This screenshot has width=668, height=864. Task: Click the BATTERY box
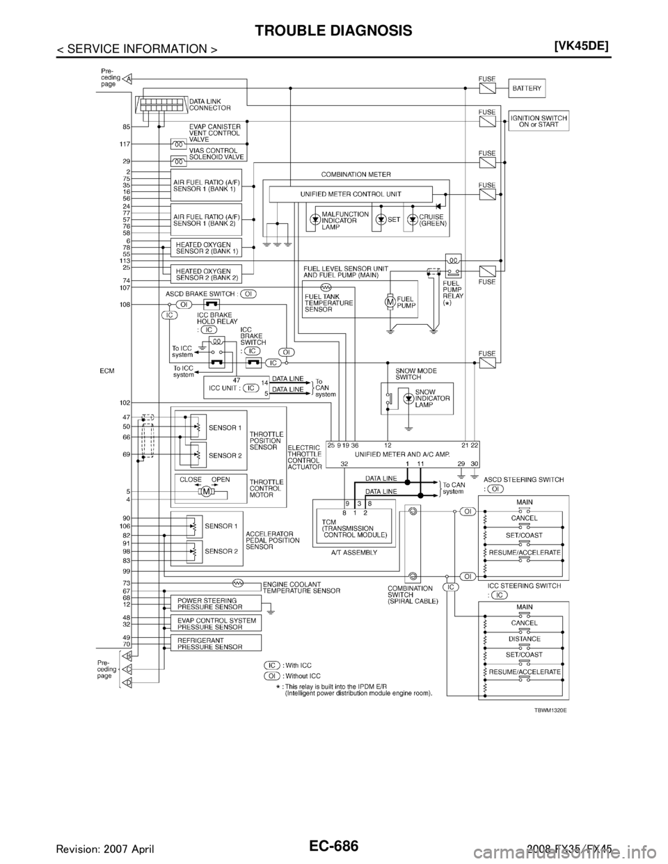point(528,89)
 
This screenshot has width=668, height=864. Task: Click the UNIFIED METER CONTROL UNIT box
point(351,194)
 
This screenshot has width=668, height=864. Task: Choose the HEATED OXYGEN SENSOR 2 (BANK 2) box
point(206,273)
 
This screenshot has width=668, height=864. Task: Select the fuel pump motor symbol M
point(390,301)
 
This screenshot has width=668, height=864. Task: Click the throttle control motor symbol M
point(205,492)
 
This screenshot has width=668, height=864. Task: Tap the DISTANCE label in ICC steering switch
point(524,639)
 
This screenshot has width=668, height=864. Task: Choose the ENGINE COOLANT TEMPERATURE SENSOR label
point(301,586)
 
